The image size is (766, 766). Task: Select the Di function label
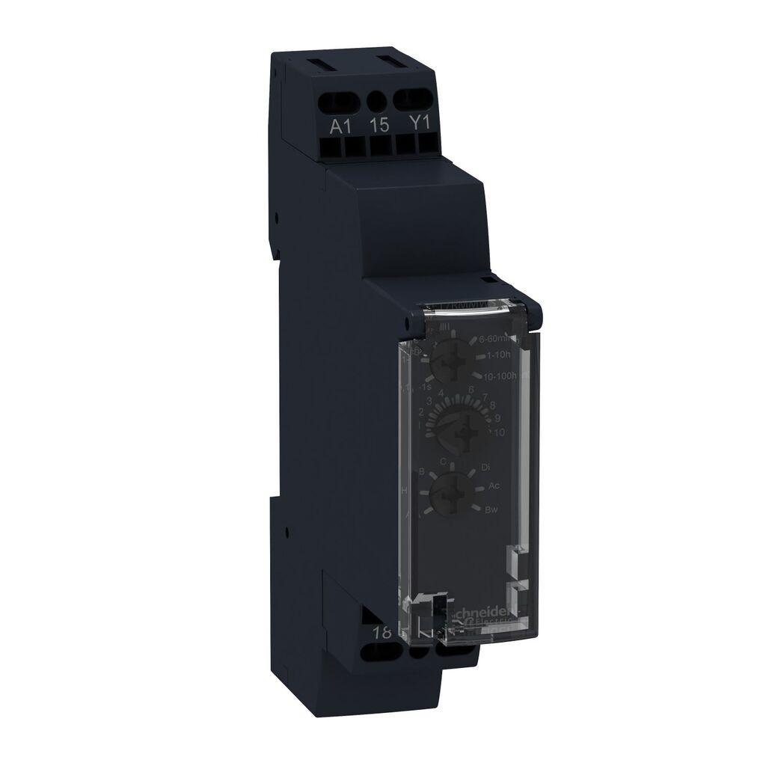[x=485, y=467]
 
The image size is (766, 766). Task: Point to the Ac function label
[x=494, y=486]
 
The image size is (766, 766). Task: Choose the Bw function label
[x=491, y=510]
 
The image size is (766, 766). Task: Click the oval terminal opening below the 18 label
[x=379, y=653]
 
